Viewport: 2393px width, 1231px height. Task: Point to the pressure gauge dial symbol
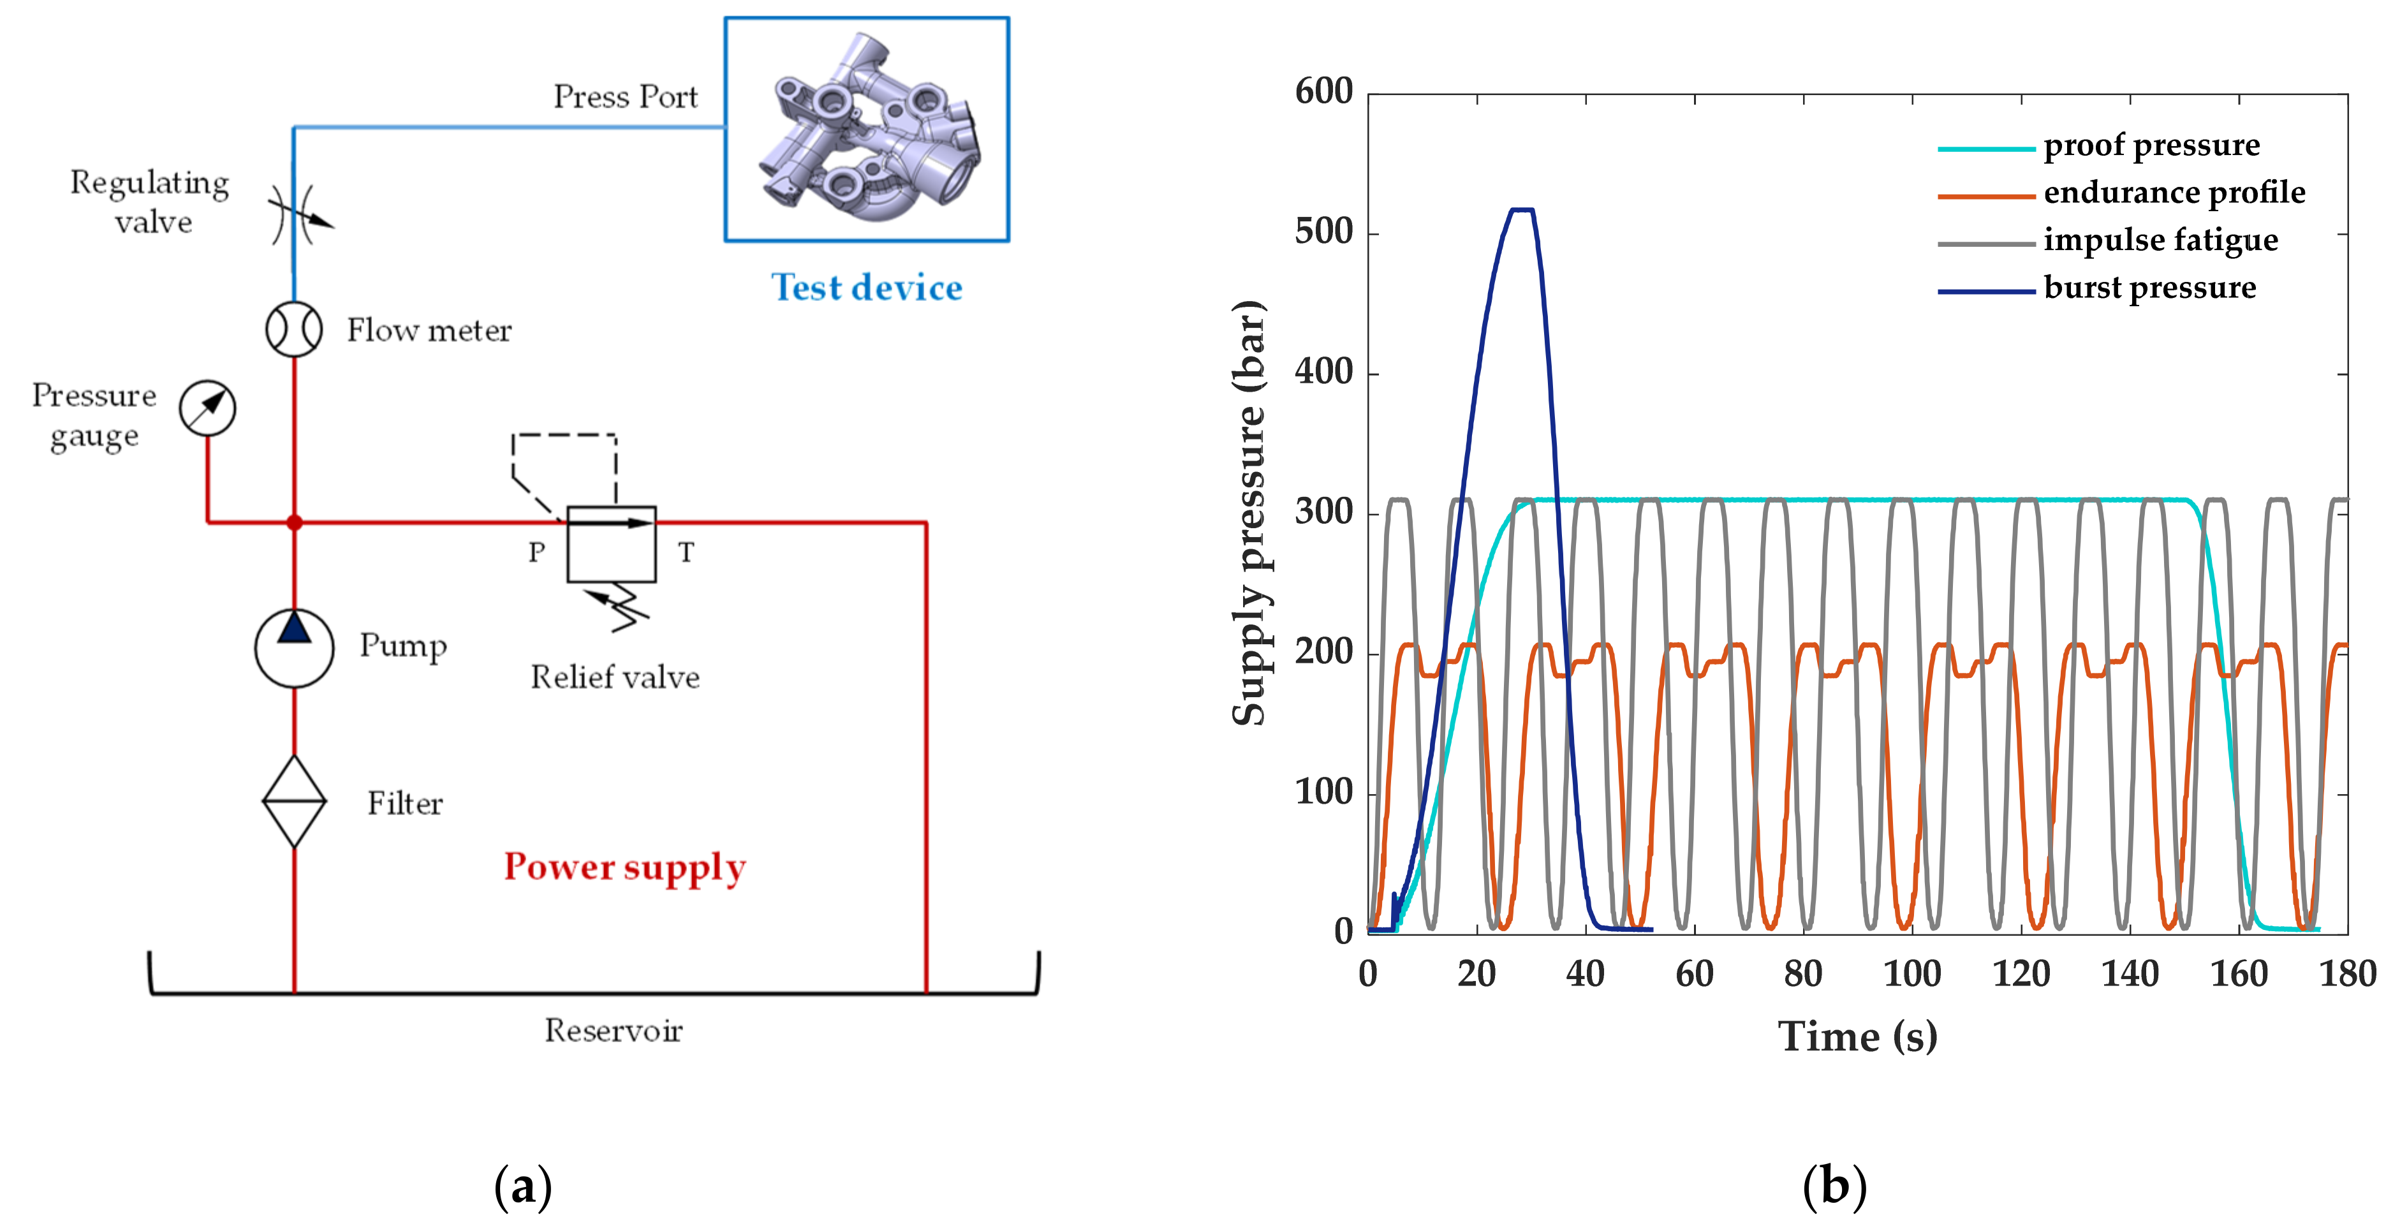click(207, 408)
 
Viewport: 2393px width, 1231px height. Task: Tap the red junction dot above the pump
click(295, 523)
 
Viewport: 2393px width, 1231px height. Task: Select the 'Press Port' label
click(625, 96)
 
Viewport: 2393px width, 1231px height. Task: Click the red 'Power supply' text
click(624, 867)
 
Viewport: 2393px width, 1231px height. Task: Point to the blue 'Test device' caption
click(867, 288)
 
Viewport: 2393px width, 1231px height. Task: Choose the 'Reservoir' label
click(613, 1030)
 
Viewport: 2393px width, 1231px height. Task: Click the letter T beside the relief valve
click(686, 553)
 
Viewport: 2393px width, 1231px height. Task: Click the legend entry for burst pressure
click(2149, 288)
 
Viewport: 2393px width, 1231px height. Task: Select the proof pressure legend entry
click(2151, 146)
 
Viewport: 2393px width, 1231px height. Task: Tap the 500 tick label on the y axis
click(1324, 232)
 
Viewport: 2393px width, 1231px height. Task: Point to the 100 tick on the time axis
click(1912, 974)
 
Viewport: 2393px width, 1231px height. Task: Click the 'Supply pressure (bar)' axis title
click(1249, 513)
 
